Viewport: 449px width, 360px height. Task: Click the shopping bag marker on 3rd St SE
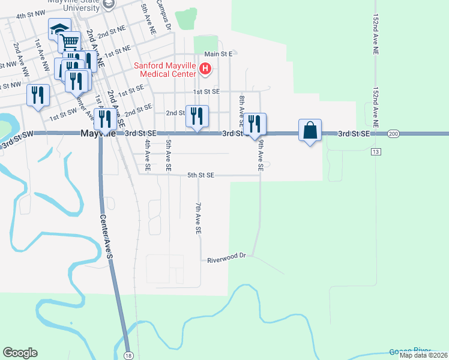point(310,130)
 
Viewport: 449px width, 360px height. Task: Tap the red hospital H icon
point(205,69)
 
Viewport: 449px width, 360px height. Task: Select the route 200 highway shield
point(393,134)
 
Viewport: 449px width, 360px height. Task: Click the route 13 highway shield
point(375,152)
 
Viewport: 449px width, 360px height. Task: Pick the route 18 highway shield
point(128,356)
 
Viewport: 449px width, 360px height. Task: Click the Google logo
point(20,353)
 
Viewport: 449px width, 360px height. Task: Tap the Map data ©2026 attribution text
point(423,355)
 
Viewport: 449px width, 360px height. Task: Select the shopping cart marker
point(70,42)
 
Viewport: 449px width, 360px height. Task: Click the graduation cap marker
point(59,29)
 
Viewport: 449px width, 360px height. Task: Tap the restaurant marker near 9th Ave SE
point(255,124)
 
